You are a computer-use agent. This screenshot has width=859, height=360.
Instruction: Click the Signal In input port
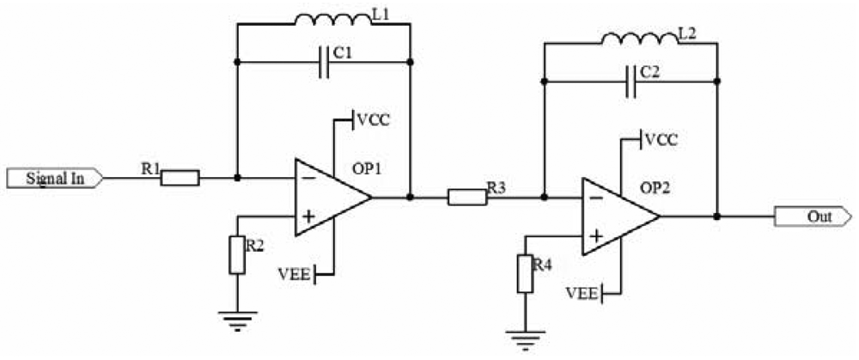53,179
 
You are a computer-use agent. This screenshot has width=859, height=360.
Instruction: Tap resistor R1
180,179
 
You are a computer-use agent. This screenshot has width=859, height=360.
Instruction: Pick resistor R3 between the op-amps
466,198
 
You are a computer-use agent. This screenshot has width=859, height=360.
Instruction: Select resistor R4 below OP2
524,274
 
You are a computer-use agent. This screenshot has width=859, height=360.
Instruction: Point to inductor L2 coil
637,38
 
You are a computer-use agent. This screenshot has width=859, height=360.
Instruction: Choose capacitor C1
324,62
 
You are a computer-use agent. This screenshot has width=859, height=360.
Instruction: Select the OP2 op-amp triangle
617,217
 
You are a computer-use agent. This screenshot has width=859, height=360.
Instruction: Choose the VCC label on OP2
664,138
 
